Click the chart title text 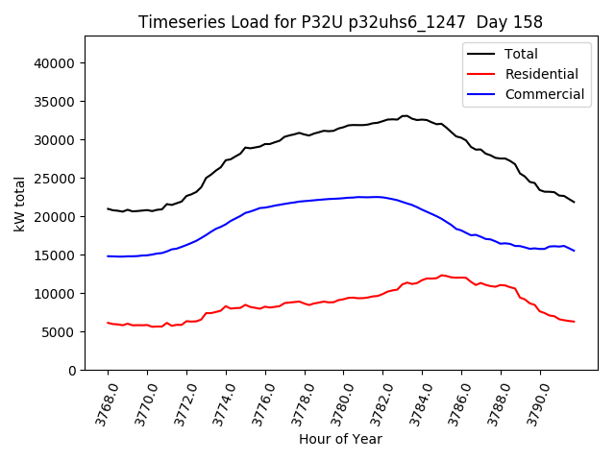click(340, 22)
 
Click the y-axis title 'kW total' click(20, 204)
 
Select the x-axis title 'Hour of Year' click(340, 439)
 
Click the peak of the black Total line click(405, 115)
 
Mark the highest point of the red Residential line click(442, 275)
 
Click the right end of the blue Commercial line click(574, 251)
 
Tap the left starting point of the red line click(108, 323)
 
